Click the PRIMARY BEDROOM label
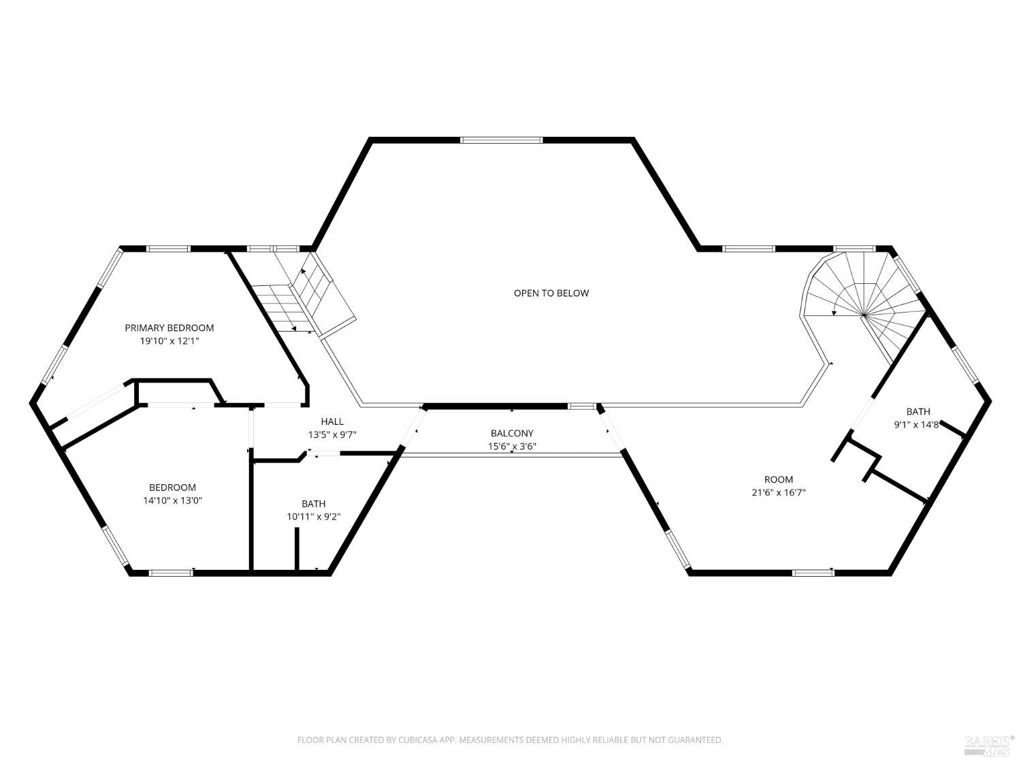click(169, 328)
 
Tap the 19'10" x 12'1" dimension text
click(169, 341)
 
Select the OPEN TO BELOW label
click(551, 293)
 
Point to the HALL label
click(332, 421)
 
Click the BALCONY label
click(512, 433)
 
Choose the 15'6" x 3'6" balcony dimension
click(512, 447)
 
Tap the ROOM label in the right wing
click(778, 479)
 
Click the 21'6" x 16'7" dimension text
click(778, 492)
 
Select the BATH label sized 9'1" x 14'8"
click(918, 411)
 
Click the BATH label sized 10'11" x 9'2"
click(313, 504)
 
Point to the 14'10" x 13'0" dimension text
click(172, 500)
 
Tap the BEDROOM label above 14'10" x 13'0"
click(172, 488)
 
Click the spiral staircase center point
click(863, 315)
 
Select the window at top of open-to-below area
click(501, 140)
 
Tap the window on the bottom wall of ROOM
click(813, 573)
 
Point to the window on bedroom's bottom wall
click(171, 573)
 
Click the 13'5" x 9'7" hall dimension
click(332, 434)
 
